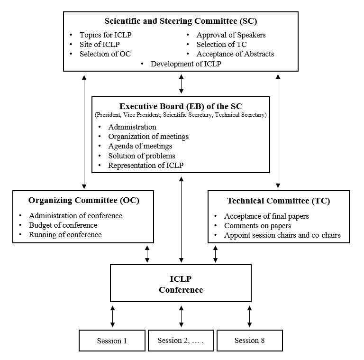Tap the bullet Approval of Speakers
point(231,35)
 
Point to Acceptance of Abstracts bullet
point(235,54)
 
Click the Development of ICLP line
point(186,64)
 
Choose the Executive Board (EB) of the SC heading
point(181,106)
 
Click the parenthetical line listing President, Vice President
point(181,115)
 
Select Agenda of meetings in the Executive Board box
point(140,146)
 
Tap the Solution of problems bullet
point(142,156)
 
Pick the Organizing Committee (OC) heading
point(83,201)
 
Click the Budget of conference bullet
point(63,225)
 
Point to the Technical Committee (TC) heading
point(278,201)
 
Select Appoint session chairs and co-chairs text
point(282,235)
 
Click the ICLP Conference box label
point(181,285)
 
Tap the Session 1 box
point(112,341)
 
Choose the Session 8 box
point(249,341)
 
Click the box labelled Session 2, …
point(181,341)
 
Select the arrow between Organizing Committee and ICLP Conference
point(147,254)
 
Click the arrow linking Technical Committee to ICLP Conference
point(216,254)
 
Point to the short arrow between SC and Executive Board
point(181,84)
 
